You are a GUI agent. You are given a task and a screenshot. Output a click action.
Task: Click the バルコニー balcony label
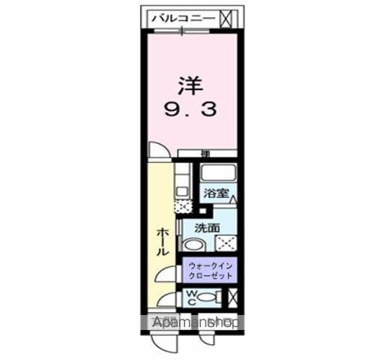[184, 16]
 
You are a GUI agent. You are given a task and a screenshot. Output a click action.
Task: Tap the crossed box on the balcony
[228, 16]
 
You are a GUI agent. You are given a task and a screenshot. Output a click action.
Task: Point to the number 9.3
[190, 109]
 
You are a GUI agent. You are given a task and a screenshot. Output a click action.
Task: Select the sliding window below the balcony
[184, 31]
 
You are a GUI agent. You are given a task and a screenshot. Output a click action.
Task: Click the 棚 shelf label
[205, 154]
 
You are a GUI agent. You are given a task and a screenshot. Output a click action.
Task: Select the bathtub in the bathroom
[218, 173]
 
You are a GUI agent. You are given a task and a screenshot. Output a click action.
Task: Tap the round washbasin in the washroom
[193, 246]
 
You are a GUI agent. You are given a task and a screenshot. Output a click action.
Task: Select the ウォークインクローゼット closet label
[211, 271]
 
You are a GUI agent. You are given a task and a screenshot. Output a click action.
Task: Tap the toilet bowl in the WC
[212, 298]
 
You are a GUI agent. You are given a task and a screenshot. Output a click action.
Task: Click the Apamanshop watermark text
[195, 323]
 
